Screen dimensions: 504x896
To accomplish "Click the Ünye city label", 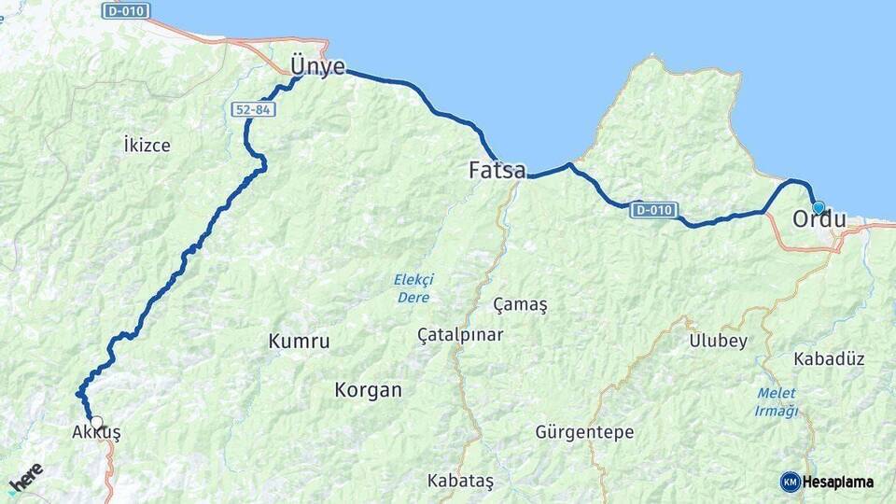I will point(317,67).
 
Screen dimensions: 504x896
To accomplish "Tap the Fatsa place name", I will point(497,171).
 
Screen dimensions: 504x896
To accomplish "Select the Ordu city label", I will point(819,220).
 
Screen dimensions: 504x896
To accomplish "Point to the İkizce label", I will point(147,145).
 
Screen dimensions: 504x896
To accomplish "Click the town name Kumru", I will point(299,342).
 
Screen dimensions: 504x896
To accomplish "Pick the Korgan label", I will point(368,390).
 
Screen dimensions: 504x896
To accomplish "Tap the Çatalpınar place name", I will point(460,334).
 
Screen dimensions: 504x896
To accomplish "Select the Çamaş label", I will point(520,305).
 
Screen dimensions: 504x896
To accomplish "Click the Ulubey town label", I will point(718,341).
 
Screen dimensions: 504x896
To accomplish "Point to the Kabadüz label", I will point(829,358).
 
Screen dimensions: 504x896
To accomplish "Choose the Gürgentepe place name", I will point(584,432).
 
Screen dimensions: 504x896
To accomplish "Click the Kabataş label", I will point(460,481).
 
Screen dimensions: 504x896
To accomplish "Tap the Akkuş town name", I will point(96,433).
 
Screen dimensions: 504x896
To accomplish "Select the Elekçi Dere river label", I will point(413,287).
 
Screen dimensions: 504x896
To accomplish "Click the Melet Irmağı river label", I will point(777,402).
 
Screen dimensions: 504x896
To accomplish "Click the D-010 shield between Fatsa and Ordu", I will point(654,210).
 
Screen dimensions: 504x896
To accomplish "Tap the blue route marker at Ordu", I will point(819,207).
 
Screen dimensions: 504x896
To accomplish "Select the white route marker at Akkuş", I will point(96,422).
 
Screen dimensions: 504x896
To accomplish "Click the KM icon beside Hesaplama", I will point(790,482).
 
